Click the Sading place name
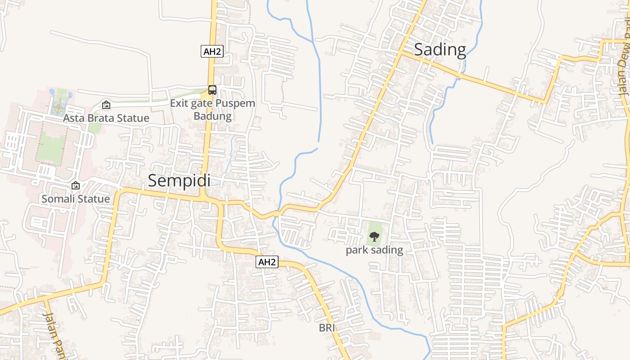pyautogui.click(x=440, y=49)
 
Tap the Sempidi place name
pyautogui.click(x=179, y=180)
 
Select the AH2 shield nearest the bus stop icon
pyautogui.click(x=212, y=51)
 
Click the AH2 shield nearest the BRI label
pyautogui.click(x=267, y=262)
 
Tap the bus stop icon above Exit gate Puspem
pyautogui.click(x=212, y=90)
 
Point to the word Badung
pyautogui.click(x=212, y=116)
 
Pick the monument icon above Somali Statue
pyautogui.click(x=76, y=185)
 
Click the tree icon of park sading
pyautogui.click(x=374, y=236)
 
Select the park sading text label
pyautogui.click(x=374, y=250)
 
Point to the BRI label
pyautogui.click(x=327, y=328)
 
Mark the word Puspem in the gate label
pyautogui.click(x=235, y=103)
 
